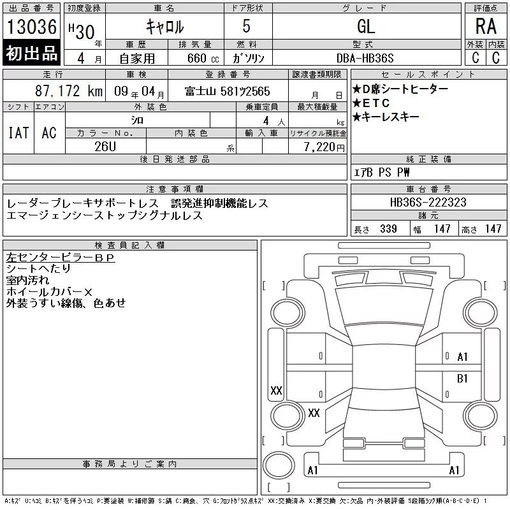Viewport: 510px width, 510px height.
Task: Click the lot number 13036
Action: click(31, 27)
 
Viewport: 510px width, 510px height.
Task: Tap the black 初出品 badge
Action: click(31, 52)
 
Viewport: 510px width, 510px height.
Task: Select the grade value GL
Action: click(366, 26)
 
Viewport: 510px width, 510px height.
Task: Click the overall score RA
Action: click(486, 26)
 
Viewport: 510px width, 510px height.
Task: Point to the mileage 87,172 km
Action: click(69, 91)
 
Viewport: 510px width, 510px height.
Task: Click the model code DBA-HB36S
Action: click(365, 58)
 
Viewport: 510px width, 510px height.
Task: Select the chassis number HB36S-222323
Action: click(428, 202)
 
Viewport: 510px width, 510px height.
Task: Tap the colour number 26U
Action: click(105, 147)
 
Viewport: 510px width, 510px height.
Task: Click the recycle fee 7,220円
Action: click(324, 147)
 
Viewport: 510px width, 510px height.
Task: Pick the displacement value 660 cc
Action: click(203, 58)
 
